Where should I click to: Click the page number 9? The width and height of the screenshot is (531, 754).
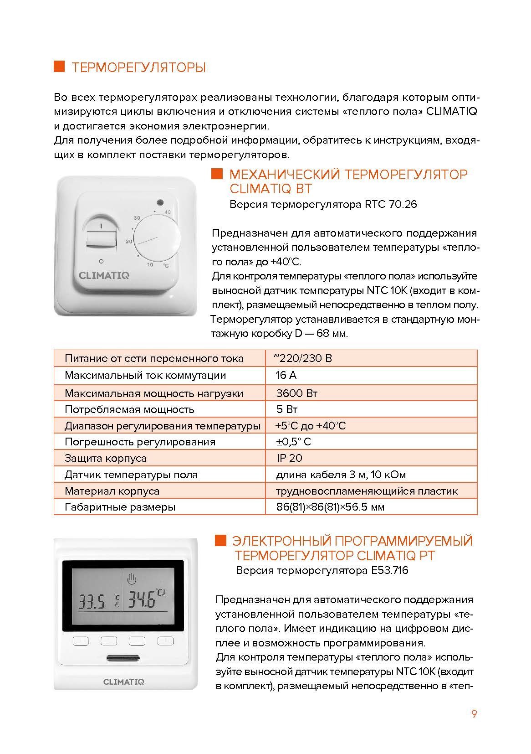point(474,714)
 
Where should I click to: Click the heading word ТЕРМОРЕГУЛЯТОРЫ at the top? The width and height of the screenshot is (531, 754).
point(138,67)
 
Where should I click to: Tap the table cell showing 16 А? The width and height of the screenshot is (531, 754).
point(286,376)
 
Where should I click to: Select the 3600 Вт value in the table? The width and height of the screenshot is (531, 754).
point(297,393)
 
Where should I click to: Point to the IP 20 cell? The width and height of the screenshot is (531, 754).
point(289,458)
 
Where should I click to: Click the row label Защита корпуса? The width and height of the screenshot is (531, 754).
point(106,458)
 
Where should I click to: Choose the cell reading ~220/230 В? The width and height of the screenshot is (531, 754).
point(303,358)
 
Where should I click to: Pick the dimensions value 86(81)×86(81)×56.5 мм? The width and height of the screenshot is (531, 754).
point(330,507)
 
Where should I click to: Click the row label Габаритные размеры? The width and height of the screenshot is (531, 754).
point(120,507)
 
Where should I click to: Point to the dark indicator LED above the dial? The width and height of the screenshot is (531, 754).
point(159,202)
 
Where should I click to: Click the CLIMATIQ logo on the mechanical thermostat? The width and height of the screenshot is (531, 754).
point(104,275)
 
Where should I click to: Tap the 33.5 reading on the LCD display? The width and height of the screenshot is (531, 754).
point(92,601)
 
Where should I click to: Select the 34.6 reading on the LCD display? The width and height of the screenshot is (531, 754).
point(141,599)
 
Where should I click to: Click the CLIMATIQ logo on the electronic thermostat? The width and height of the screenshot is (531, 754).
point(123,682)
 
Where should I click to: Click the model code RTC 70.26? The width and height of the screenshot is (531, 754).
point(391,204)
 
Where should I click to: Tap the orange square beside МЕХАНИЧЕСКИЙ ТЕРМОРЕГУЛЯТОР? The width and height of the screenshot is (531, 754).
point(217,174)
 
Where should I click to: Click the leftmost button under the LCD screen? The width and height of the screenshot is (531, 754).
point(80,641)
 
